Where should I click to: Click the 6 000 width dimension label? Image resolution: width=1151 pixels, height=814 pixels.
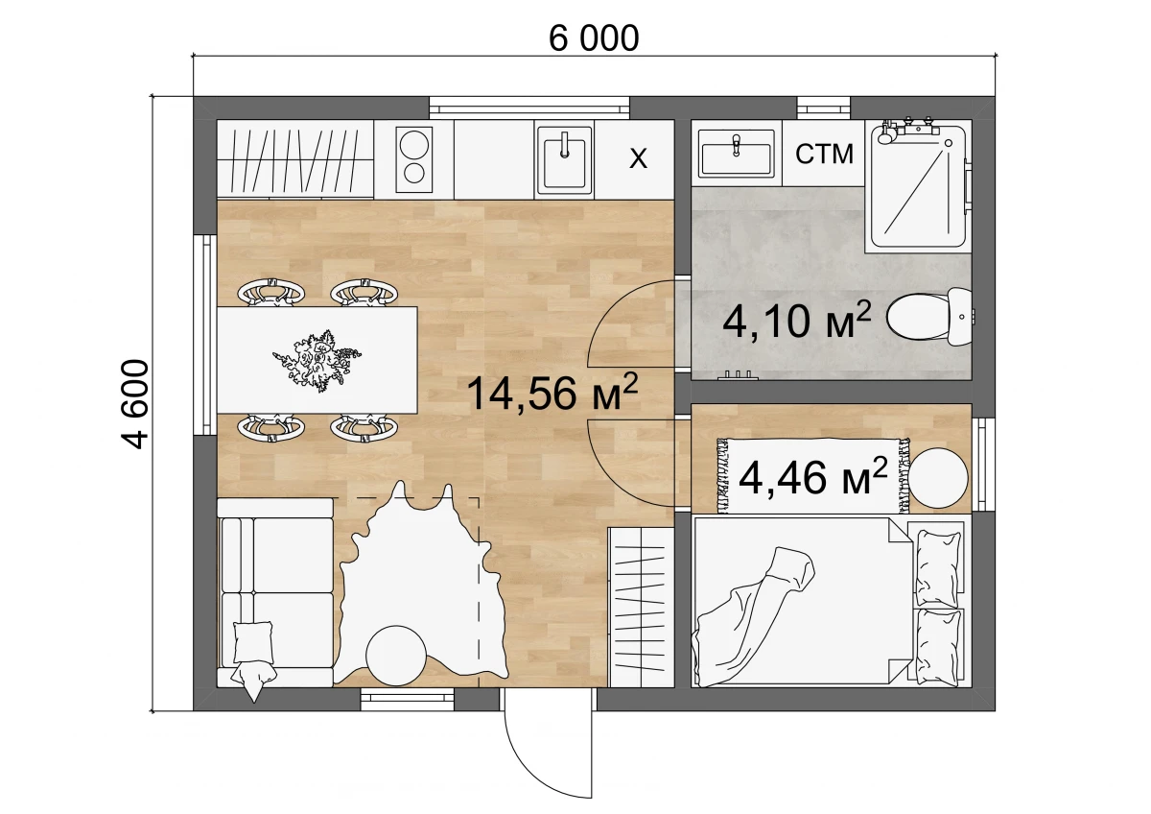[594, 37]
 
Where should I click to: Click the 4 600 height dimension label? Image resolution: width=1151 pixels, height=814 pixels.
[135, 404]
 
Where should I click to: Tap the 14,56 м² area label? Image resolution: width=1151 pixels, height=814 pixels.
[552, 392]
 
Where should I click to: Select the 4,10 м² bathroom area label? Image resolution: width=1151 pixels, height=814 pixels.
[797, 321]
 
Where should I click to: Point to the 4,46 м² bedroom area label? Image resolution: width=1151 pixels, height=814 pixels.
[813, 477]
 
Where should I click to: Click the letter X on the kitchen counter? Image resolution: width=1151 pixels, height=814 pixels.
[638, 158]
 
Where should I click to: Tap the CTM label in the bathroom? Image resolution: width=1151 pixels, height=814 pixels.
[824, 154]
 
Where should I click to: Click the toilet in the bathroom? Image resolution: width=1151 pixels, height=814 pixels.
[930, 316]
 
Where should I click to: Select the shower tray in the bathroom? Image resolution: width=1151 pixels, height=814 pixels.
[918, 186]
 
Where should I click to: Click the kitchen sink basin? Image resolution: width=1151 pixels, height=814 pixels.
[564, 159]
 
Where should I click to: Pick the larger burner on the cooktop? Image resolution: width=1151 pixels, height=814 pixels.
[414, 144]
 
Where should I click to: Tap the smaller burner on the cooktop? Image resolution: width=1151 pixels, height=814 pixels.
[414, 174]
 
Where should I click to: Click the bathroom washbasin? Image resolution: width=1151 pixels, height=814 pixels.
[737, 153]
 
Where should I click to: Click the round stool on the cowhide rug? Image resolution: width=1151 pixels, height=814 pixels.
[395, 656]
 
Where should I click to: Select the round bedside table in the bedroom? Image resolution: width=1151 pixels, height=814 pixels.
[938, 478]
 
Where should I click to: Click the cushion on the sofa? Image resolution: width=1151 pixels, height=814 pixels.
[253, 642]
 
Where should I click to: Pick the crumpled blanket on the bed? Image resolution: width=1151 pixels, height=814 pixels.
[753, 617]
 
